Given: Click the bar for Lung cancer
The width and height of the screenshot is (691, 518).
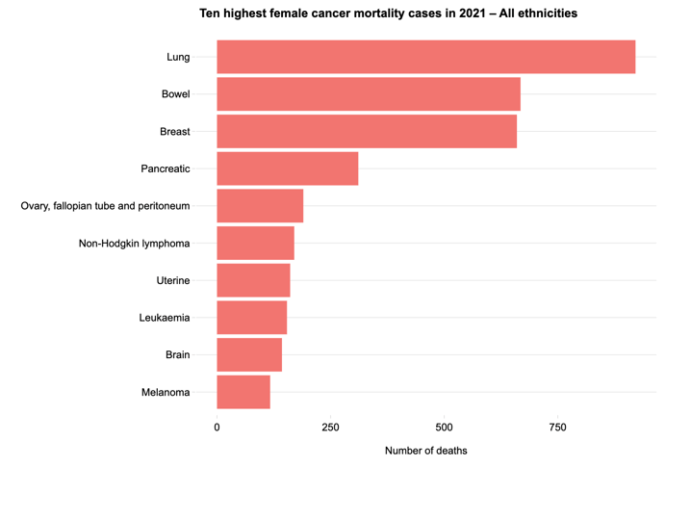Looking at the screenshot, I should click(425, 57).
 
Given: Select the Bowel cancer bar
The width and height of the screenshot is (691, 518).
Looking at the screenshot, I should click(369, 94).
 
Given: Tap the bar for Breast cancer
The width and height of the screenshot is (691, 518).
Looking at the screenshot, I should click(367, 131).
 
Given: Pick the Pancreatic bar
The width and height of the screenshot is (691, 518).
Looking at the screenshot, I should click(287, 168).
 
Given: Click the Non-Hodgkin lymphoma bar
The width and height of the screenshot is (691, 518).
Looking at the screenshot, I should click(255, 244).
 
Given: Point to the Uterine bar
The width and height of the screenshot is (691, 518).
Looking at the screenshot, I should click(253, 280).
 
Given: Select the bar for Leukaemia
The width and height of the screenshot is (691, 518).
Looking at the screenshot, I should click(251, 318).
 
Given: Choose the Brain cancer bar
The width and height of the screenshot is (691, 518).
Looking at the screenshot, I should click(249, 354).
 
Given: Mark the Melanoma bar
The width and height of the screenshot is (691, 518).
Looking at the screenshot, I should click(243, 392).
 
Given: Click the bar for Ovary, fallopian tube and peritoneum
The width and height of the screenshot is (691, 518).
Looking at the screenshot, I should click(260, 206).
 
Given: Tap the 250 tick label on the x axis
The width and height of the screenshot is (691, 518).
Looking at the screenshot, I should click(330, 427).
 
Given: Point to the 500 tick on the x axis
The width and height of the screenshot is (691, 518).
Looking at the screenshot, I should click(444, 427).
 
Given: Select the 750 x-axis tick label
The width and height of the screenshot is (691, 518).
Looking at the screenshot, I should click(557, 427).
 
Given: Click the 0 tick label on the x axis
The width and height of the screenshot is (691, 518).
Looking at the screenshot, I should click(217, 427).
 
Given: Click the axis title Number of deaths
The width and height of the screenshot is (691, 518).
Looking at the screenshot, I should click(425, 451).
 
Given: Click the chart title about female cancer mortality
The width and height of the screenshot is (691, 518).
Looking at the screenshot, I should click(388, 13).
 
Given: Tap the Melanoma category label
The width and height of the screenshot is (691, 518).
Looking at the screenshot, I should click(165, 392).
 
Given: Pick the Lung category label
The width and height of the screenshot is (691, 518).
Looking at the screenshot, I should click(178, 57).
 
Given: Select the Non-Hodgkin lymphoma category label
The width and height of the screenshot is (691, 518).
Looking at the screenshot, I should click(134, 244).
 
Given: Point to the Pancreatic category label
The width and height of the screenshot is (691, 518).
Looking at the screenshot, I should click(166, 168).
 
